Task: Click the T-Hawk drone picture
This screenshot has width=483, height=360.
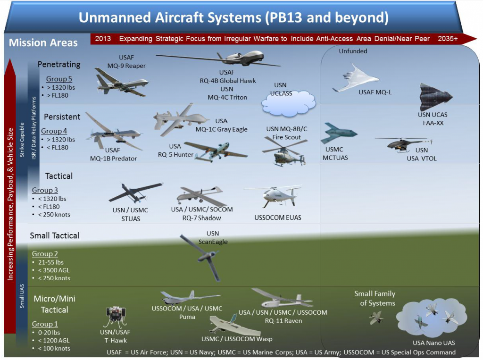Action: click(116, 316)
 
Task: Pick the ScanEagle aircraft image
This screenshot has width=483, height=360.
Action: click(203, 257)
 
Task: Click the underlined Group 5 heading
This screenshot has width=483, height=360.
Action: click(59, 79)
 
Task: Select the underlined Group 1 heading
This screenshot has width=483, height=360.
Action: click(45, 324)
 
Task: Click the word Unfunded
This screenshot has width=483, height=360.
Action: click(353, 51)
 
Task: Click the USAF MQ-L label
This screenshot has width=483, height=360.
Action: click(375, 92)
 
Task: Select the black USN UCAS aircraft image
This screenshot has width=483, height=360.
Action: click(435, 97)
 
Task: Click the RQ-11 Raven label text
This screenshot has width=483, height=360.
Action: click(283, 321)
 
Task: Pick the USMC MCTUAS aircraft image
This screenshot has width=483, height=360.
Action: click(338, 133)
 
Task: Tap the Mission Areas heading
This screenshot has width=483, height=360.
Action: click(43, 42)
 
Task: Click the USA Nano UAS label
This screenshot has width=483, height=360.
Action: click(433, 343)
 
